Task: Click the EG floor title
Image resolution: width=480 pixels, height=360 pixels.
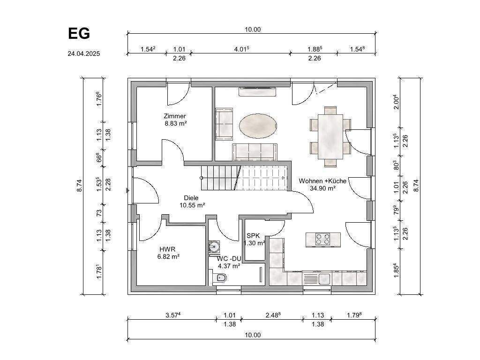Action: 79,33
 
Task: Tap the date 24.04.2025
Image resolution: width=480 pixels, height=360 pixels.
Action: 84,53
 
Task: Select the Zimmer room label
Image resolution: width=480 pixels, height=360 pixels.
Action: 175,116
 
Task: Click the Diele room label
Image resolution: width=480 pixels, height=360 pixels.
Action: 191,198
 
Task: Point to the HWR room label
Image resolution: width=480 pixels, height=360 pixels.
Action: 167,249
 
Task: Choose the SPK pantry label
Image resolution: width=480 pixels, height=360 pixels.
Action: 253,236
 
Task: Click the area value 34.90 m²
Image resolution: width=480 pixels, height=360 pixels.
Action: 322,188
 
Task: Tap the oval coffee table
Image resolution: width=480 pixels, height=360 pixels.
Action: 259,126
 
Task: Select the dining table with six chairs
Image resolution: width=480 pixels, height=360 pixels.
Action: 330,136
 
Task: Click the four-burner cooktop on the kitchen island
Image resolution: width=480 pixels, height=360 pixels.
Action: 323,239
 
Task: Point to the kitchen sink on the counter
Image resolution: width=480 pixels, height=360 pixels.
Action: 316,278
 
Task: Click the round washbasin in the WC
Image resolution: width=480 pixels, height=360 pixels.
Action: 214,246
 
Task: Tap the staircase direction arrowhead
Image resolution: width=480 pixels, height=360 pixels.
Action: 284,178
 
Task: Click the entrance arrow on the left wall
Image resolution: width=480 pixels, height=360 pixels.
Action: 127,191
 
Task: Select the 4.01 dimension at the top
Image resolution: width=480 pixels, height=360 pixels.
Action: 241,49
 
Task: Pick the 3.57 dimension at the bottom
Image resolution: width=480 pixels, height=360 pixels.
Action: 173,315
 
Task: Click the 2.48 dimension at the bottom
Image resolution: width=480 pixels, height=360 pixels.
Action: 273,315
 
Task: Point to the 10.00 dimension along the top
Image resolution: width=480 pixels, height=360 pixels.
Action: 253,30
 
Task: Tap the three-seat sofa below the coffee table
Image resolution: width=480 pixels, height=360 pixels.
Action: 255,152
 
